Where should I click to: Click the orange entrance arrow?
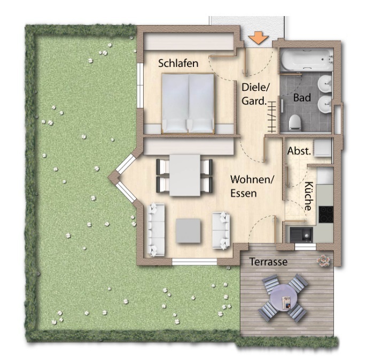pos(259,38)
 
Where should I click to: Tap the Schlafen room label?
pos(178,63)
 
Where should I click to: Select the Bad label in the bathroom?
pos(302,98)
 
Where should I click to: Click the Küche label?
pos(309,196)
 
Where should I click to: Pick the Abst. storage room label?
pos(299,151)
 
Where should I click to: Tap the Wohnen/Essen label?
pos(252,186)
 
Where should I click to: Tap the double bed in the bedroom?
pos(189,103)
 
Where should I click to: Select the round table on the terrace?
pos(283,297)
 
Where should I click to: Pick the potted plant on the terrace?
pos(323,261)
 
